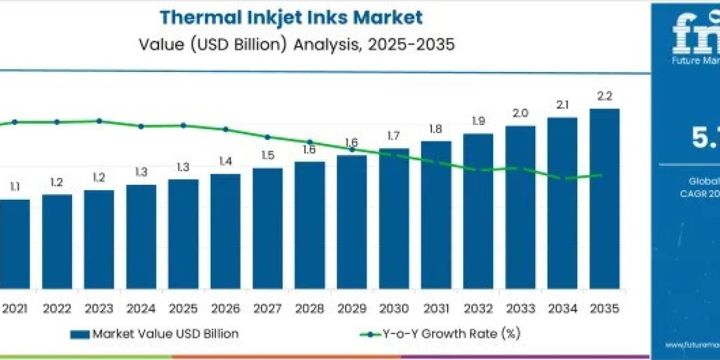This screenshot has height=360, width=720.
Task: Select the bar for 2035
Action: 604,198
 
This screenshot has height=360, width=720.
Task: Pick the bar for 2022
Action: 57,240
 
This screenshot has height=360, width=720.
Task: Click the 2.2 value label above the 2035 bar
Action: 604,96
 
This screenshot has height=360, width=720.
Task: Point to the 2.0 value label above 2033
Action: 520,113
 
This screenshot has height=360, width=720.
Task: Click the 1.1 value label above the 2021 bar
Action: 14,187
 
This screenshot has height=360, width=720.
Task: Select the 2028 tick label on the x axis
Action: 309,308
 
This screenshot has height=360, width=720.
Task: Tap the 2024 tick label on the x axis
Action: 141,308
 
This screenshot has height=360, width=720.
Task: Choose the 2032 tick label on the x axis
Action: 478,308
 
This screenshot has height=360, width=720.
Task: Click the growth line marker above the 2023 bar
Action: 99,121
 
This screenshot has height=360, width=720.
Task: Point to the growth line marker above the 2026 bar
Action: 226,129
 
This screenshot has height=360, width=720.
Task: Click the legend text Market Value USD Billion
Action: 165,334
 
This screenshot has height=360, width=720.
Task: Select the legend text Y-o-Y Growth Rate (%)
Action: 451,334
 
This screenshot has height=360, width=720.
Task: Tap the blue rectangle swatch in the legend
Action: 79,334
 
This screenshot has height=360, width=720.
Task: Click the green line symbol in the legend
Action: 370,334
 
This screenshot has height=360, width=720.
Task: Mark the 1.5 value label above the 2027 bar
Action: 268,155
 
